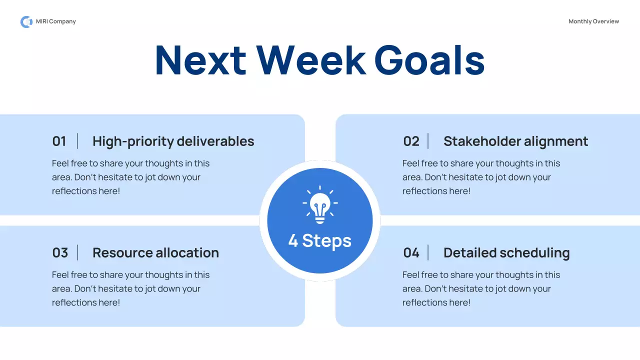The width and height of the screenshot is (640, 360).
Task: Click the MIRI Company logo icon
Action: tap(26, 21)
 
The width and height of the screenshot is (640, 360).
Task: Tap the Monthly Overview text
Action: tap(593, 21)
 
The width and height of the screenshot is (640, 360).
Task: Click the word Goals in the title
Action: tap(429, 60)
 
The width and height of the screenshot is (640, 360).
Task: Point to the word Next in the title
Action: tap(200, 60)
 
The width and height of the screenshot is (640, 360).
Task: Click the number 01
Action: tap(59, 141)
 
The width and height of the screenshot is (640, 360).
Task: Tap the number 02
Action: tap(411, 141)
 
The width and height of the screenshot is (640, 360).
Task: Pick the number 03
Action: tap(60, 252)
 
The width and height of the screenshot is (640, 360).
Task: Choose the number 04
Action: tap(411, 252)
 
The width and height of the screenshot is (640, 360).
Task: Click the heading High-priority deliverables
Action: tap(173, 141)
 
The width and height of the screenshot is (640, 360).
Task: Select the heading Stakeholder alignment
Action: tap(515, 141)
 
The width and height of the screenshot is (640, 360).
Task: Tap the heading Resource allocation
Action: tap(155, 252)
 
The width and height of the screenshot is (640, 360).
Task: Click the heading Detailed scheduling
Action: tap(506, 253)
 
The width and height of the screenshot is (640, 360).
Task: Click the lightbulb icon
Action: tap(320, 204)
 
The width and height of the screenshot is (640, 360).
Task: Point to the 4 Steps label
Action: tap(319, 241)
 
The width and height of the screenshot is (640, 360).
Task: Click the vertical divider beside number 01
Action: tap(77, 141)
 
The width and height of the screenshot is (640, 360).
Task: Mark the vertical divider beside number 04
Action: tap(428, 252)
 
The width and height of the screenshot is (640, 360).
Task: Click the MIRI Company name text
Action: tap(55, 21)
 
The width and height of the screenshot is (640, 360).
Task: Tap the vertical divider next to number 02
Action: tap(428, 141)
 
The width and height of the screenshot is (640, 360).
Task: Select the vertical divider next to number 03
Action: tap(77, 252)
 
